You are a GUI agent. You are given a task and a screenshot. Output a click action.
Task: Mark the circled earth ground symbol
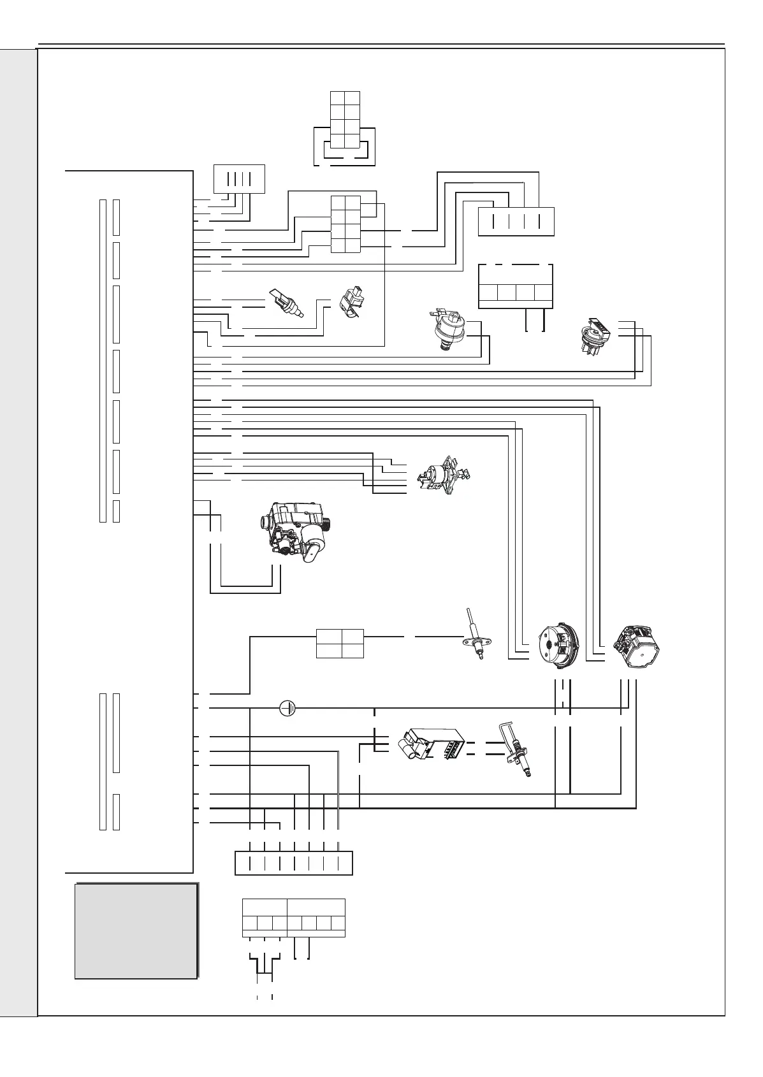point(288,707)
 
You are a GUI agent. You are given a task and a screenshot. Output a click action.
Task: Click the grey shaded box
point(136,930)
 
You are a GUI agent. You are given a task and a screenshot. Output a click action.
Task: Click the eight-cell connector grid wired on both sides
point(345,224)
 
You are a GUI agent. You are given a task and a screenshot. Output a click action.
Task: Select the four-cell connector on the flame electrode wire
point(340,644)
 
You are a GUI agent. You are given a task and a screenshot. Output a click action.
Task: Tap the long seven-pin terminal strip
point(293,863)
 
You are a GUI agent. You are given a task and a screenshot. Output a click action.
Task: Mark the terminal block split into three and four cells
point(293,918)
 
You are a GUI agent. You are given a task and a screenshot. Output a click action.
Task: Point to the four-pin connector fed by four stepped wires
point(516,222)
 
